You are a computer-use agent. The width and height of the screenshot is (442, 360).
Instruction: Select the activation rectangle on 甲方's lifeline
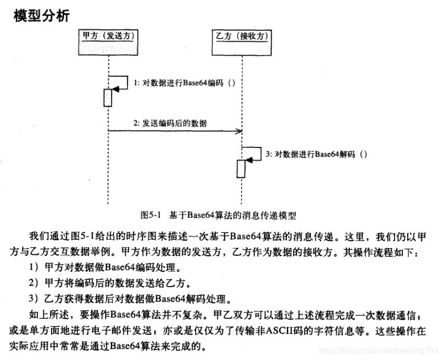(108, 97)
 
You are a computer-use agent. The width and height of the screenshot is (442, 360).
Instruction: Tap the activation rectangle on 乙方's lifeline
(241, 169)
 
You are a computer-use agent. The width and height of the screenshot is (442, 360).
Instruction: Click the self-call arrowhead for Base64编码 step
(116, 90)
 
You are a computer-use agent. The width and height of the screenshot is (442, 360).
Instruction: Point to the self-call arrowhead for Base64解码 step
(249, 161)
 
